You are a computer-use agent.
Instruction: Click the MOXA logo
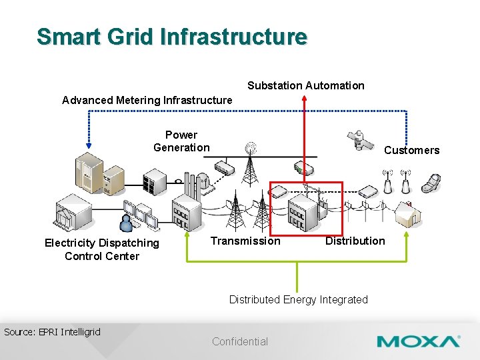tap(418, 342)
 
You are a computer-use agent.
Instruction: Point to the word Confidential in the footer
tap(240, 341)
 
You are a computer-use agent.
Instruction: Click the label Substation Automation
tap(306, 85)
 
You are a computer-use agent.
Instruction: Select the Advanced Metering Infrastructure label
tap(147, 100)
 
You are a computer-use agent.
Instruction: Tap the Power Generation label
tap(181, 141)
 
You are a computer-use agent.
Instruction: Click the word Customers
tap(411, 150)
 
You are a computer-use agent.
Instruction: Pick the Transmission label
tap(245, 241)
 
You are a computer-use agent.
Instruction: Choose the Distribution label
tap(355, 241)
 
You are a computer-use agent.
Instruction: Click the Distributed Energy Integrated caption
tap(298, 299)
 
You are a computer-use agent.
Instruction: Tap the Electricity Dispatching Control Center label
tap(102, 249)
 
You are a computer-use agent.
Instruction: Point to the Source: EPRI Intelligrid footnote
tap(52, 331)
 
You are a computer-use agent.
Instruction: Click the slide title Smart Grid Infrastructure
tap(172, 36)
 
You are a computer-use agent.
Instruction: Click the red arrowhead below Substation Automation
tap(304, 97)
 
